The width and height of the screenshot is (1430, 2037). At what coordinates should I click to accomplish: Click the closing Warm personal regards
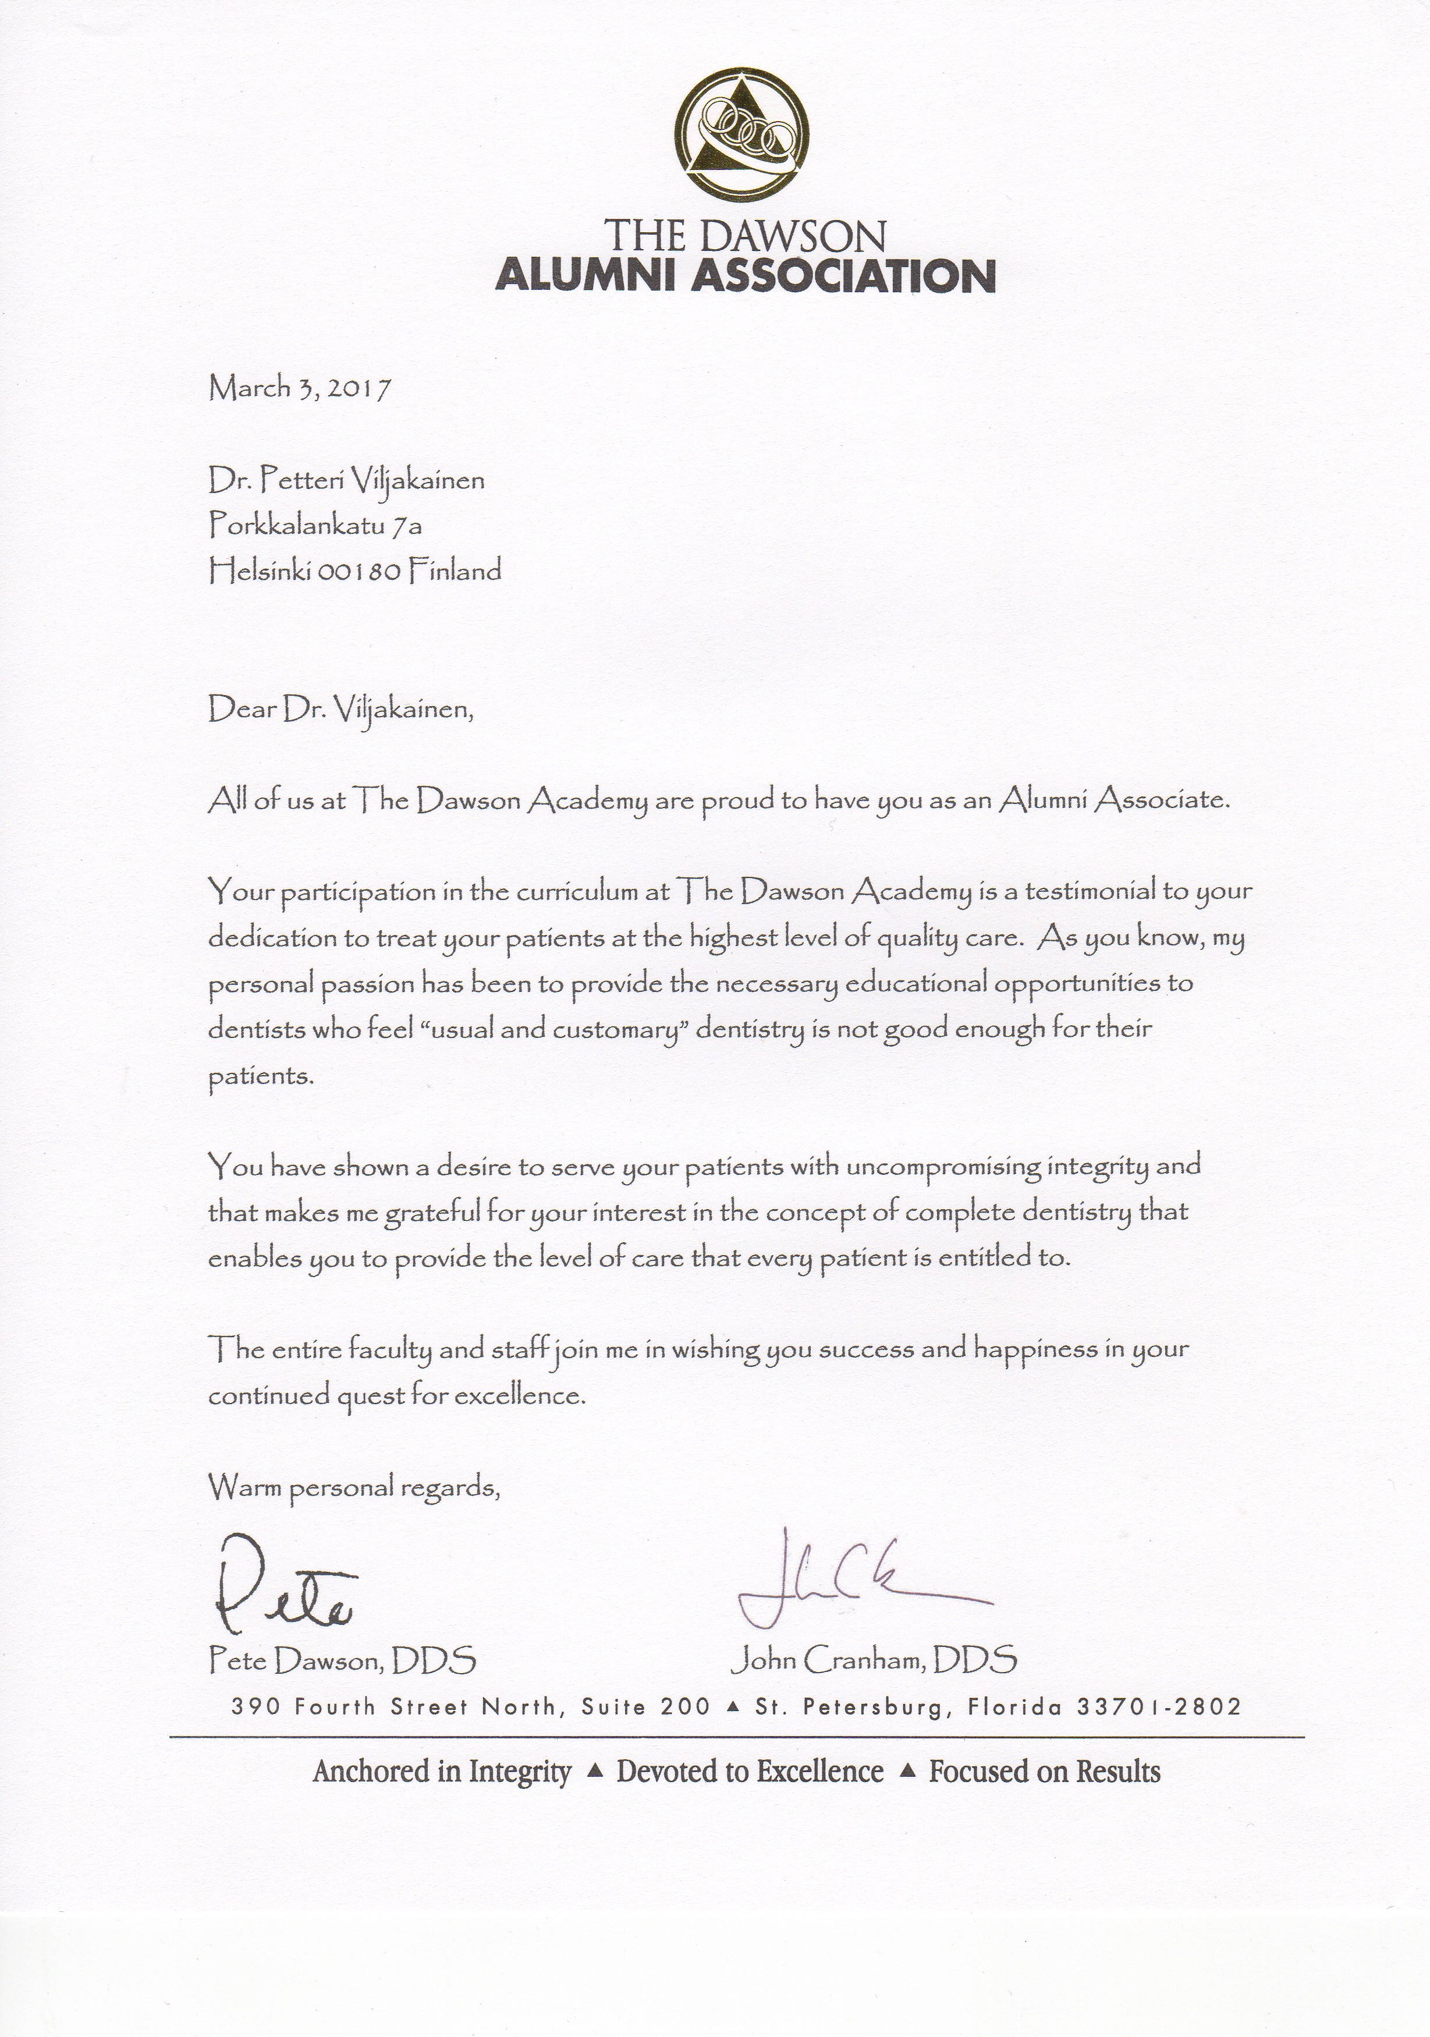tap(354, 1487)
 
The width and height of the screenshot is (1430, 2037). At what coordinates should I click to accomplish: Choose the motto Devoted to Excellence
tap(750, 1772)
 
